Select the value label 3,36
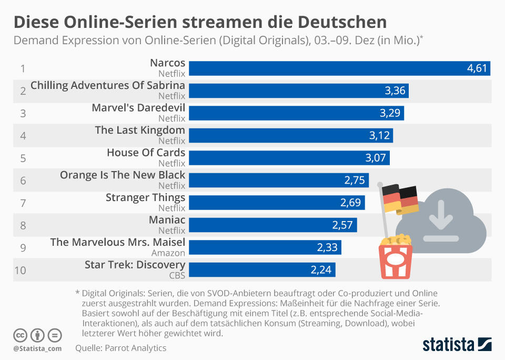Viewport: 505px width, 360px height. click(x=395, y=91)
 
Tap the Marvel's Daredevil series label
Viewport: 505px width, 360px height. click(x=138, y=108)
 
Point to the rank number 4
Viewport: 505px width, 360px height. click(x=23, y=136)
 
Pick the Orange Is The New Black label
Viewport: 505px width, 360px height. click(x=123, y=175)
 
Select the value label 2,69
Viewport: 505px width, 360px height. click(x=351, y=203)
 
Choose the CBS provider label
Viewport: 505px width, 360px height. click(x=177, y=275)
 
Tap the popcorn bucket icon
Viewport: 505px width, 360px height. click(x=396, y=257)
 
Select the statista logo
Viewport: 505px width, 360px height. click(x=457, y=345)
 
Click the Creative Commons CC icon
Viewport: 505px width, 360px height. click(x=21, y=335)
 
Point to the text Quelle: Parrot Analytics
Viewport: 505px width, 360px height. click(x=120, y=348)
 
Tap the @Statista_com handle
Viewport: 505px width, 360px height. click(x=37, y=348)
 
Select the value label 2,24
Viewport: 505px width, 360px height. click(x=321, y=270)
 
